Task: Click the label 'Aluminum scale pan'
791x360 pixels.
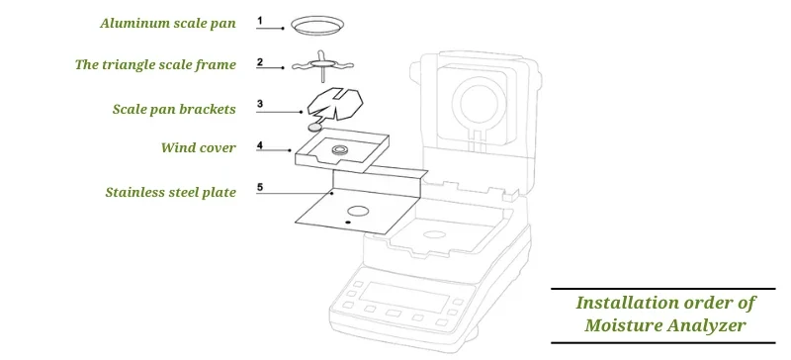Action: point(167,23)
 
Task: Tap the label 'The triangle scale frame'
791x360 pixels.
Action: point(155,65)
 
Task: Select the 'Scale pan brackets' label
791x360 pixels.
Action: point(173,108)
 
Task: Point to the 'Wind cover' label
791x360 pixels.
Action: point(198,148)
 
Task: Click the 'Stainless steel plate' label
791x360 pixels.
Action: point(170,192)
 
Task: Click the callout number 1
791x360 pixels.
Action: point(259,20)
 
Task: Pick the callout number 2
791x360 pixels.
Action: point(259,62)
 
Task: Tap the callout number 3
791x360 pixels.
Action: point(259,103)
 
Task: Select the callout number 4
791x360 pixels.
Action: point(259,145)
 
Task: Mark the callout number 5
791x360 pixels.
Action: point(259,186)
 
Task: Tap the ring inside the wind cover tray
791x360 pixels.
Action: point(340,150)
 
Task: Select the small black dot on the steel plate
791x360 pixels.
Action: point(347,225)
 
